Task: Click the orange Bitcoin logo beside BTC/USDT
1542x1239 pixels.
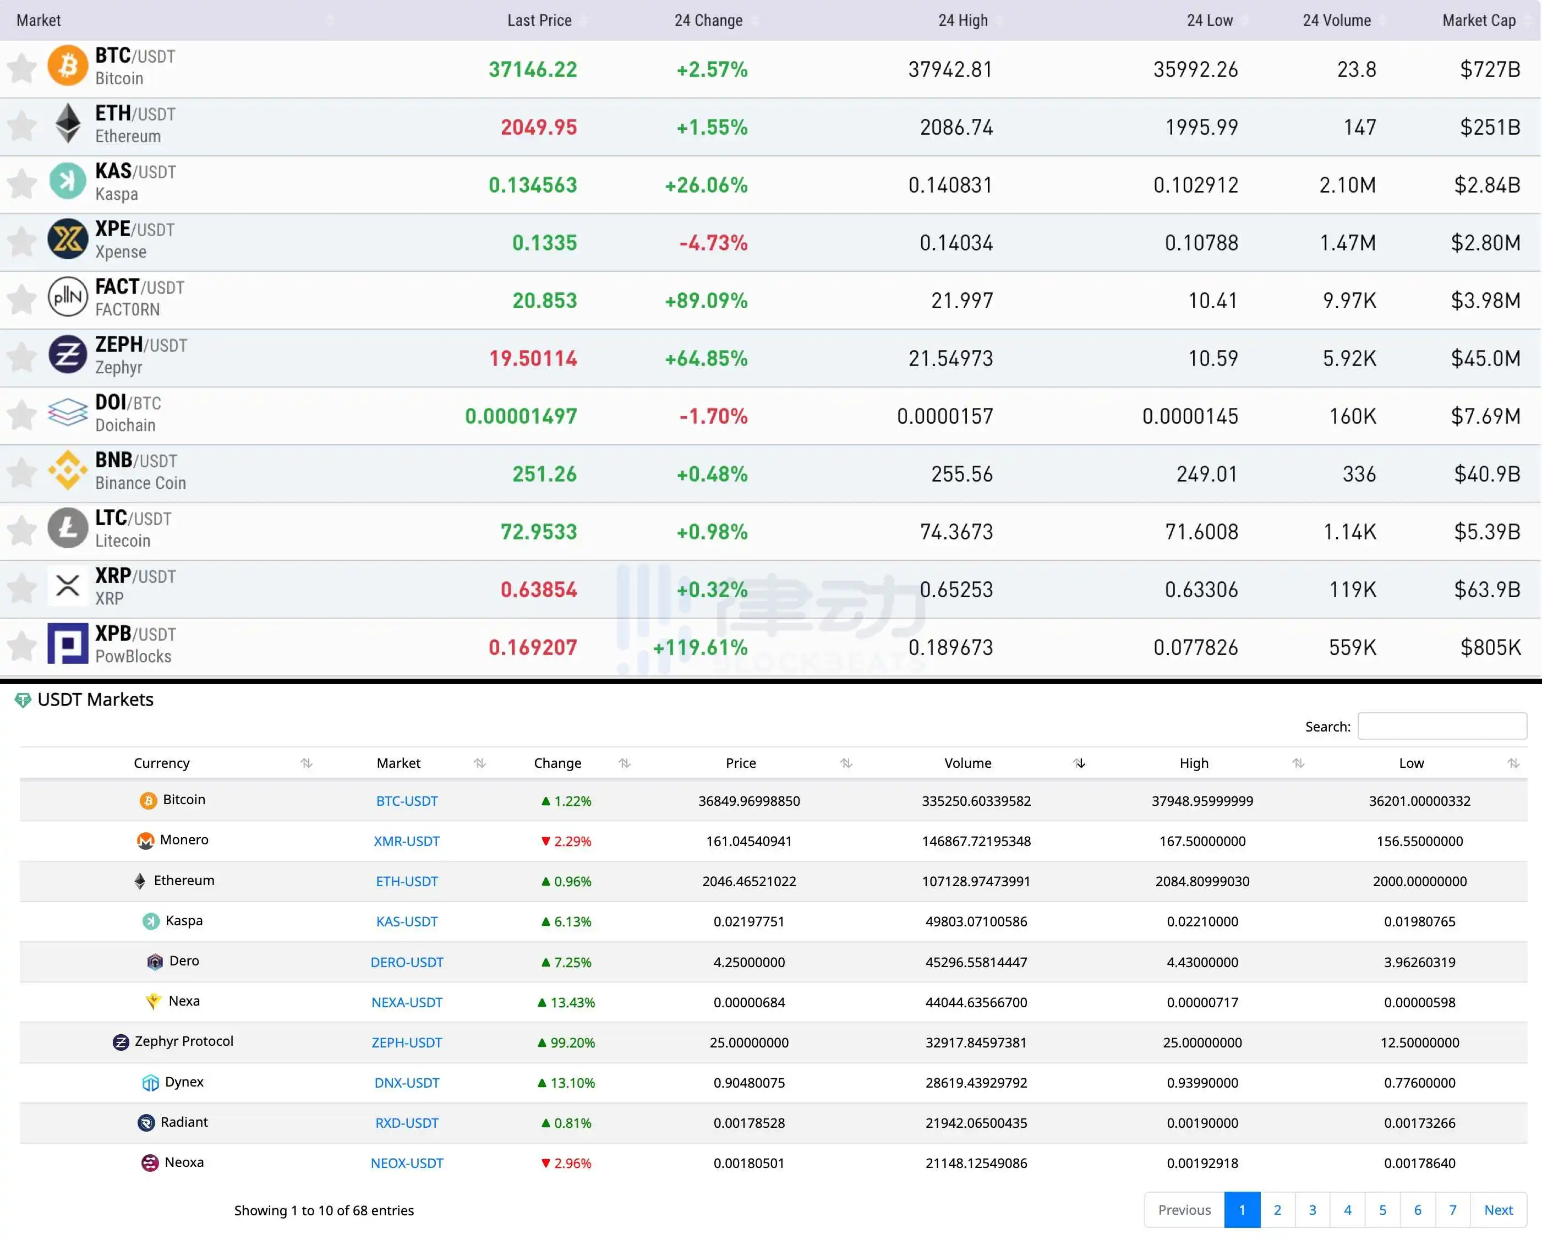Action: coord(67,66)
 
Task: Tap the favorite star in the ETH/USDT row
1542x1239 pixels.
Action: coord(21,126)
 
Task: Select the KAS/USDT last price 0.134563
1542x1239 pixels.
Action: coord(532,185)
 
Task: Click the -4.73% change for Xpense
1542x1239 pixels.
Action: coord(713,243)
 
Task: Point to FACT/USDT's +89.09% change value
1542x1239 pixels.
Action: coord(706,301)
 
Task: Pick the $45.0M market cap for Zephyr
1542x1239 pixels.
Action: coord(1485,358)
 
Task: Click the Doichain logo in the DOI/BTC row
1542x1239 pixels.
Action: coord(67,413)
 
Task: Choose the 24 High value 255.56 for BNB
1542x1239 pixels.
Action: coord(961,474)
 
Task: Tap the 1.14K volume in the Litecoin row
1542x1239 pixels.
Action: coord(1349,532)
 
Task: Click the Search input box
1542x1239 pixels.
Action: coord(1441,726)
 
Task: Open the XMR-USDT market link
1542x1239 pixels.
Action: coord(406,841)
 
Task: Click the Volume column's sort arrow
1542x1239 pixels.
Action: coord(1079,763)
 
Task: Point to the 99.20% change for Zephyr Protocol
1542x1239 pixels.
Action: coord(566,1043)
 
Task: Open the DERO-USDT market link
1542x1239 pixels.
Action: coord(406,962)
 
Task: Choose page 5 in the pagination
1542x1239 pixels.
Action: coord(1382,1210)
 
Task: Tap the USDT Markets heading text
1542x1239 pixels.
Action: coord(95,700)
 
